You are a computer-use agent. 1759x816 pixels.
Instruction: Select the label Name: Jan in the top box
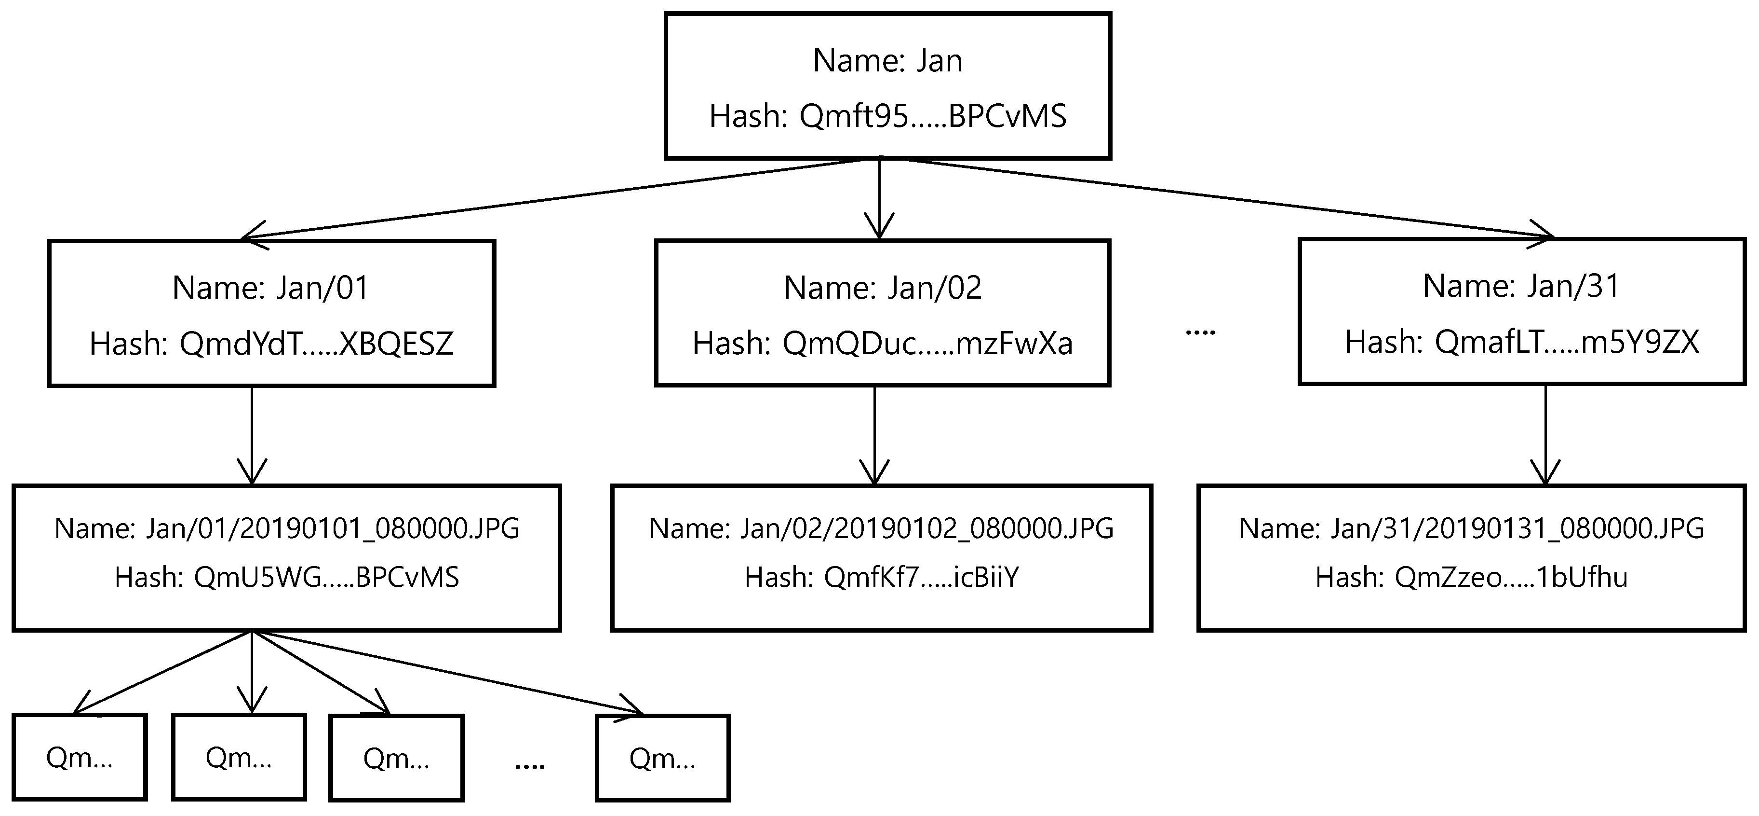[x=887, y=61]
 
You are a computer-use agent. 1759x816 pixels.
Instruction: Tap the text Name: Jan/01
[x=270, y=288]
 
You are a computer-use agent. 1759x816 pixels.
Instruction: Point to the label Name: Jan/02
[x=882, y=288]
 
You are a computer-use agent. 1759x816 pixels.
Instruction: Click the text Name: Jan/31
[x=1521, y=286]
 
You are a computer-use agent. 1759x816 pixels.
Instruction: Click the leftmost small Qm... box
[x=80, y=757]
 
